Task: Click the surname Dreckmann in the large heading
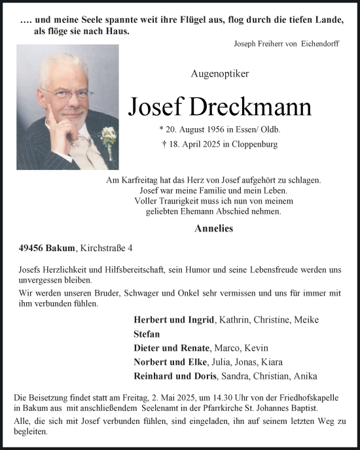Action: click(252, 107)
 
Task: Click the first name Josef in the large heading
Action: click(157, 107)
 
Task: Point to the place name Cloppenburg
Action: click(254, 145)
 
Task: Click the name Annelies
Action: click(214, 229)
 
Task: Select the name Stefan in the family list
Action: click(147, 334)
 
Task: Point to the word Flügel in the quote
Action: click(206, 20)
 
